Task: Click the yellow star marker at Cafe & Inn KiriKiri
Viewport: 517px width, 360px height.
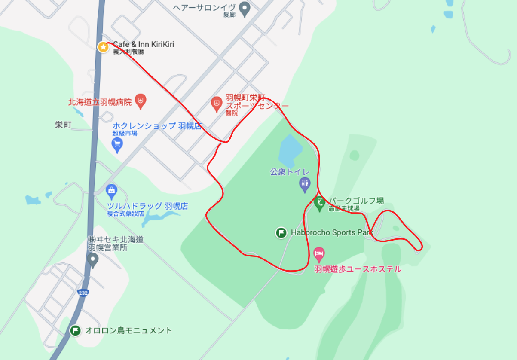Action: (103, 47)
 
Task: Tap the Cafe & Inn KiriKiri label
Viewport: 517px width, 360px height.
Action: (144, 44)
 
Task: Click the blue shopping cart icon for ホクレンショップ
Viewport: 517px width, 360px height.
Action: (117, 145)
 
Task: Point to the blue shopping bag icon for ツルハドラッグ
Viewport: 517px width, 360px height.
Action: (111, 190)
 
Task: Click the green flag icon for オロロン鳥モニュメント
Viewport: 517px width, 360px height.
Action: (76, 331)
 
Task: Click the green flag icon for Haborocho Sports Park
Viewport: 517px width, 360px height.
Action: (281, 233)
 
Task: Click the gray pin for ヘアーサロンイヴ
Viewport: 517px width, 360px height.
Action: (245, 9)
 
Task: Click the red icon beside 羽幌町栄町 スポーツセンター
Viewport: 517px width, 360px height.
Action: (217, 103)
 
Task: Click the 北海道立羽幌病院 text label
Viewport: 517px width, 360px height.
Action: (100, 102)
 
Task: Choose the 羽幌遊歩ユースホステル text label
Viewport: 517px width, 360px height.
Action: (358, 269)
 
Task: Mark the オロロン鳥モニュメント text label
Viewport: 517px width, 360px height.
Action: (128, 330)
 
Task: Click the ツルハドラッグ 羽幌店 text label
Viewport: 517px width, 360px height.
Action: (147, 206)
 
